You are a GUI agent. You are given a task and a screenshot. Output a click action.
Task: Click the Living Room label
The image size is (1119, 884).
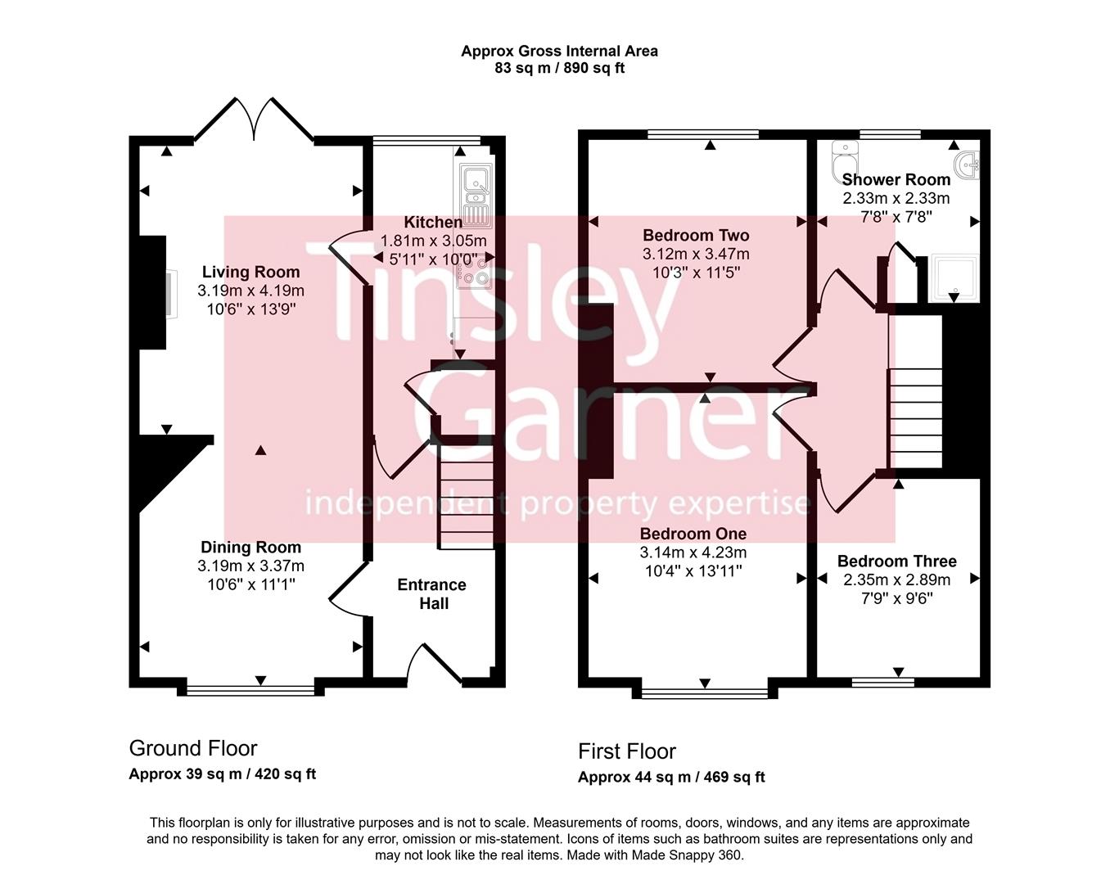pos(250,273)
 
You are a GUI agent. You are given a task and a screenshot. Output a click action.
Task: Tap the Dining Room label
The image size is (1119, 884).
pos(250,548)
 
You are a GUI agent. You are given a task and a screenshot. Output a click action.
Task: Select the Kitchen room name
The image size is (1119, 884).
pos(433,223)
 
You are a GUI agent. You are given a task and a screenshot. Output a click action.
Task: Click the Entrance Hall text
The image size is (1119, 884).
pos(432,594)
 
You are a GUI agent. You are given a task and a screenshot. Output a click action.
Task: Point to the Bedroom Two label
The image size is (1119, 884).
pos(696,236)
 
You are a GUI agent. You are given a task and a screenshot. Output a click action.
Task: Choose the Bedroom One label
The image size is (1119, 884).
pos(693,534)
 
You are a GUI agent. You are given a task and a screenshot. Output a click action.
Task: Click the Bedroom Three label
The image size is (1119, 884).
pos(896,562)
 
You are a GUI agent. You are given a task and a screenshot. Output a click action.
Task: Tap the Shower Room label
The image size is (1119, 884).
pos(896,179)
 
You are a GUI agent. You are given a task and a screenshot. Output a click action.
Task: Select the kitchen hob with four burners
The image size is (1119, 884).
pos(475,270)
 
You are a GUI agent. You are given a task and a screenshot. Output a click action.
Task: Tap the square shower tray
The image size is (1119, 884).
pos(954,277)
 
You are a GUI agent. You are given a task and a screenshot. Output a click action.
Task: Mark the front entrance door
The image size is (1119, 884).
pos(435,663)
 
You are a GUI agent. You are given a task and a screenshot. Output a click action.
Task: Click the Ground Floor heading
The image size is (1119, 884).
pos(193,748)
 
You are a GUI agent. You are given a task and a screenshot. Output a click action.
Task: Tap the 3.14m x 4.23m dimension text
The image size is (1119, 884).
pos(693,552)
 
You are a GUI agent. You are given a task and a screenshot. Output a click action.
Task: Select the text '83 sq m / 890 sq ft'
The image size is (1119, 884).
pos(559,68)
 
